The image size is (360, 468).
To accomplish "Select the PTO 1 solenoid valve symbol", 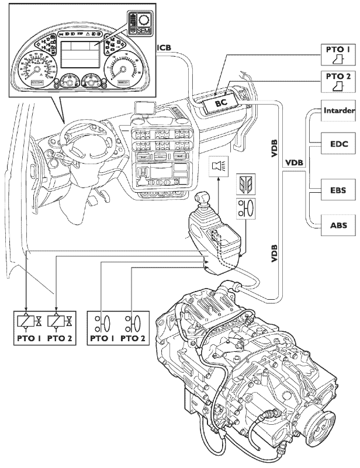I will (29, 322).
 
